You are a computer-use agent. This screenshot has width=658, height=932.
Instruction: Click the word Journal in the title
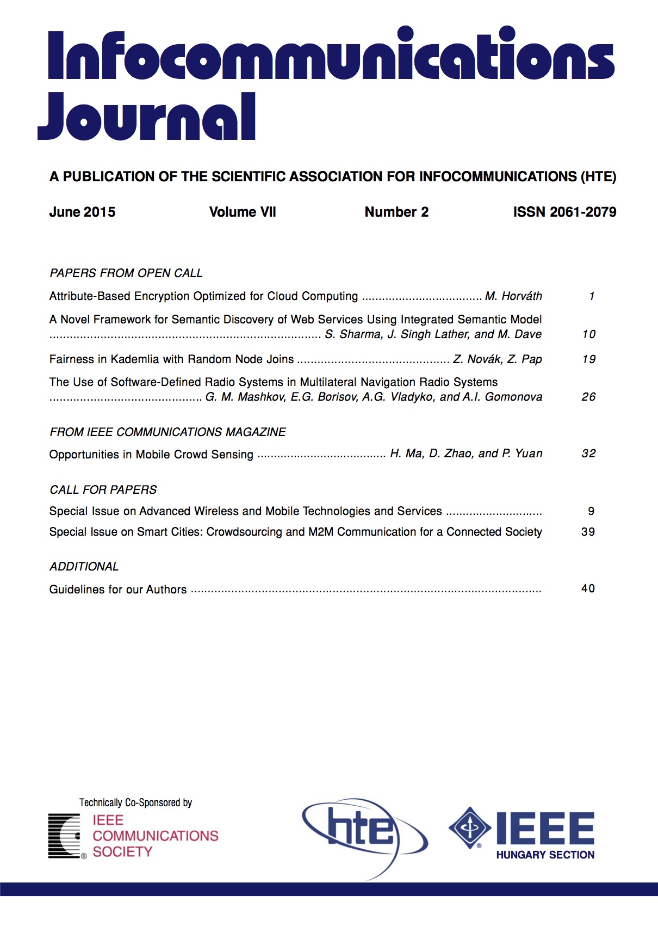point(147,117)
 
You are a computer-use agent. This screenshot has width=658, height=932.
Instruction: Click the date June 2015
point(82,212)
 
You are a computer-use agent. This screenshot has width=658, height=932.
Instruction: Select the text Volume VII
point(243,212)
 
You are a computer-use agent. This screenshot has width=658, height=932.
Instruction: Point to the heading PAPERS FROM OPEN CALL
point(126,273)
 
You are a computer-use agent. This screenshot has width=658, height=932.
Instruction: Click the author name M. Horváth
point(513,296)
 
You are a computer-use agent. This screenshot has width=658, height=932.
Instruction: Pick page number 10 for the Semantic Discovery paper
point(588,334)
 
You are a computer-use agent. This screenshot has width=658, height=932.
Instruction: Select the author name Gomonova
point(513,397)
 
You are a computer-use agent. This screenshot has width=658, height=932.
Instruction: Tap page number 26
point(588,397)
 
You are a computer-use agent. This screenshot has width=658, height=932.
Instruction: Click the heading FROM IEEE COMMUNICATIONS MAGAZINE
point(167,432)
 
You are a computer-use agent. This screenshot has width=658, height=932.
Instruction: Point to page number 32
point(588,453)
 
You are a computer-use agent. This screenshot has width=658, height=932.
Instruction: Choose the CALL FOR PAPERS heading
point(103,489)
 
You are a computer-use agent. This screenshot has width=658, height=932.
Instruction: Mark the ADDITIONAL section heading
point(84,566)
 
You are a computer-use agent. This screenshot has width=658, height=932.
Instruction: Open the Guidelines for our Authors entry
point(117,589)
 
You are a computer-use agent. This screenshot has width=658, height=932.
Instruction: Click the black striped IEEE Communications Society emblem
point(65,836)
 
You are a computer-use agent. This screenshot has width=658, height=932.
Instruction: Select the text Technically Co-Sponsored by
point(135,802)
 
